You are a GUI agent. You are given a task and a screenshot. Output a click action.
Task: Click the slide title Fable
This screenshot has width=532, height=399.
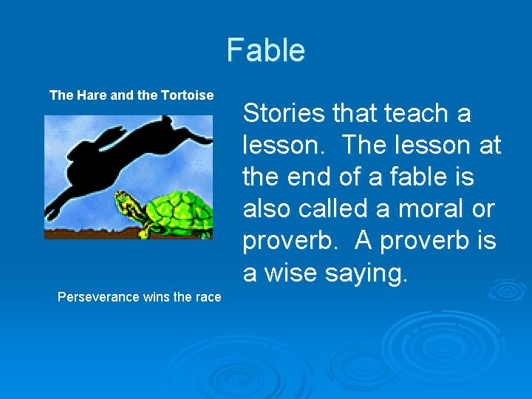(x=265, y=50)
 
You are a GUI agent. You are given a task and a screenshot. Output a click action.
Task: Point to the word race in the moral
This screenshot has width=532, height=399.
(x=208, y=297)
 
